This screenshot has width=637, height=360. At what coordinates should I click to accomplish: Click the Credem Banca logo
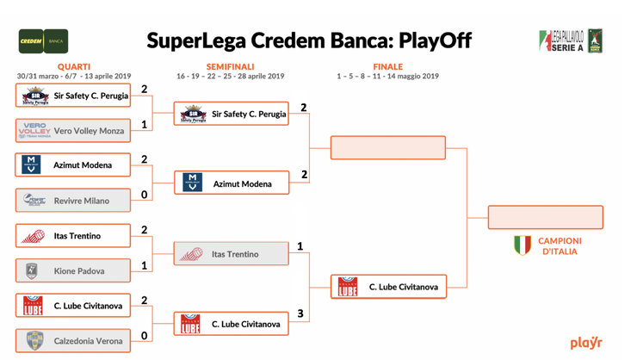point(43,40)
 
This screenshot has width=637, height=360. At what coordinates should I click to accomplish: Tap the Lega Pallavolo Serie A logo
point(571,40)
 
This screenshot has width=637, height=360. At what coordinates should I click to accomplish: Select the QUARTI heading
point(73,66)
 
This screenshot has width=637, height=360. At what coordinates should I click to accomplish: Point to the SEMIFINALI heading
point(230,66)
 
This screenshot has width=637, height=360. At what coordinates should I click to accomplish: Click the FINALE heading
point(387,66)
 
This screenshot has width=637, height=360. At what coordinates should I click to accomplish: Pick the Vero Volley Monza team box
point(73,131)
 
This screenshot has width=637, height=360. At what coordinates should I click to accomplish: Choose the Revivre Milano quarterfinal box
point(73,201)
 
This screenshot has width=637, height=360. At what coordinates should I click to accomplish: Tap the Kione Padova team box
point(73,271)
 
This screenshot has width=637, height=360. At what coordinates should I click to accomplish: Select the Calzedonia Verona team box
point(73,341)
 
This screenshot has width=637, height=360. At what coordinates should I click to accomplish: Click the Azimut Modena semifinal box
point(232,183)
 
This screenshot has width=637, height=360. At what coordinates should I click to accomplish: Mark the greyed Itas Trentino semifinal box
point(232,254)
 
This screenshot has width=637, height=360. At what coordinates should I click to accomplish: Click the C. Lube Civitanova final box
point(388,287)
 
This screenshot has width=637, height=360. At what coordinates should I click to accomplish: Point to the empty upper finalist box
point(388,147)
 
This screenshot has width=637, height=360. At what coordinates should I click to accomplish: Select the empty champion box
point(545,217)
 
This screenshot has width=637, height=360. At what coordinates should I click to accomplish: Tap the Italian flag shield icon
point(523,245)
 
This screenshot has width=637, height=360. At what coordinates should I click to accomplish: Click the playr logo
point(585,343)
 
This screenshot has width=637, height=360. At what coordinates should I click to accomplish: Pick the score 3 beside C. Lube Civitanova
point(300,313)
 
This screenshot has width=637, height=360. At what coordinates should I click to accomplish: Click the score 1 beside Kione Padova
point(145,266)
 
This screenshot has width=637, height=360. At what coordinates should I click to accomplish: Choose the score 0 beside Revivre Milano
point(145,196)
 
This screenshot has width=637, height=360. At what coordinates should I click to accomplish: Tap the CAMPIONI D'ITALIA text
point(560,246)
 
